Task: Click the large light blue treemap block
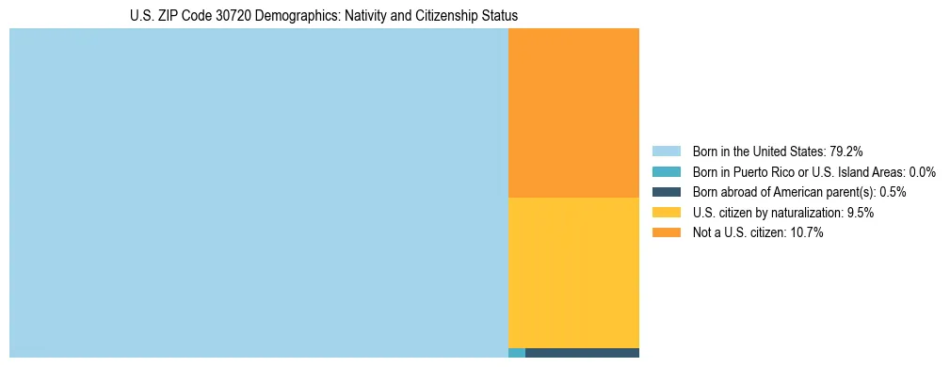(x=258, y=193)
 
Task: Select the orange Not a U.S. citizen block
(x=573, y=113)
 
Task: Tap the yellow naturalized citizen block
(x=573, y=273)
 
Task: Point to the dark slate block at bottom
(x=582, y=353)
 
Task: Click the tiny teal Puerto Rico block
(x=516, y=353)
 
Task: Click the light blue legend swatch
(x=667, y=151)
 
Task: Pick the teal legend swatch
(x=667, y=171)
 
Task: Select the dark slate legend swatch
(x=667, y=192)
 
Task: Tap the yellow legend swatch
(x=667, y=213)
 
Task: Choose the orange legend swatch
(x=667, y=232)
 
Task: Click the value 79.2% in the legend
(x=846, y=151)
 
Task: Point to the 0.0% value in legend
(x=922, y=171)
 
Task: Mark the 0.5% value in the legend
(x=893, y=192)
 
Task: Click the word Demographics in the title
(x=286, y=16)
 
